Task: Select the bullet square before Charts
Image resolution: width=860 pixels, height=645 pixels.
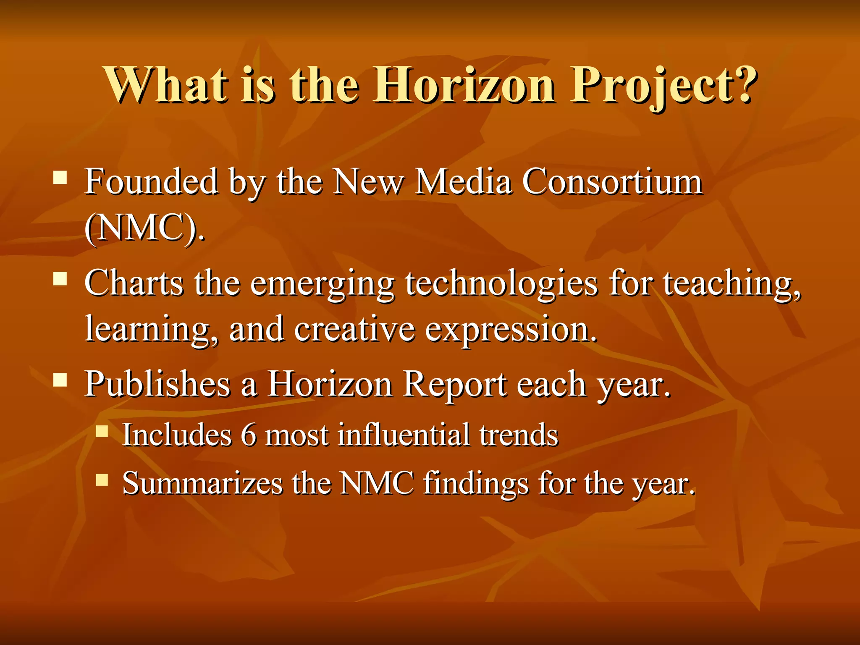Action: click(x=60, y=278)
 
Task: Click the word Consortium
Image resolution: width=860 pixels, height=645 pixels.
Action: click(x=612, y=182)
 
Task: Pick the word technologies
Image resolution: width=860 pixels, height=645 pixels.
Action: click(x=501, y=283)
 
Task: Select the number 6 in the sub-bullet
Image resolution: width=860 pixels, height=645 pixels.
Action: click(x=248, y=435)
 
